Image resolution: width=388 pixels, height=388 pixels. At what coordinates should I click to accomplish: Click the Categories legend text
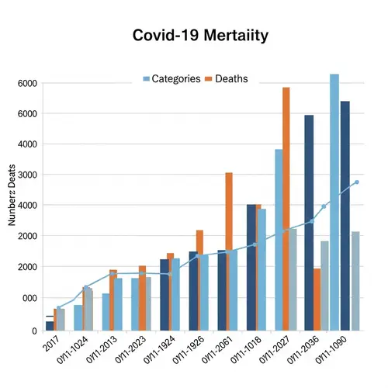[176, 79]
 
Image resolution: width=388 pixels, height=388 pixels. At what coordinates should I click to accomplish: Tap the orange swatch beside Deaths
[209, 79]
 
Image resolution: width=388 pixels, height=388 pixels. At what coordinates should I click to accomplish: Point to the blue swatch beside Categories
[147, 79]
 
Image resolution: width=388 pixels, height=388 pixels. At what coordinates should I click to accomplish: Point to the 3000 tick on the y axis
[27, 175]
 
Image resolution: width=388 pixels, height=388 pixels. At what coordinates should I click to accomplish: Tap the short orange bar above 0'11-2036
[317, 299]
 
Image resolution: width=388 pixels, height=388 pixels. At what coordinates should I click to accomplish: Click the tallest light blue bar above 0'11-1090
[334, 202]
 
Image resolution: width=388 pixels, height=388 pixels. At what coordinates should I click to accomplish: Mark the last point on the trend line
[357, 182]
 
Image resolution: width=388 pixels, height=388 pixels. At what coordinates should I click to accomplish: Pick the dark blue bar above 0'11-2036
[309, 222]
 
